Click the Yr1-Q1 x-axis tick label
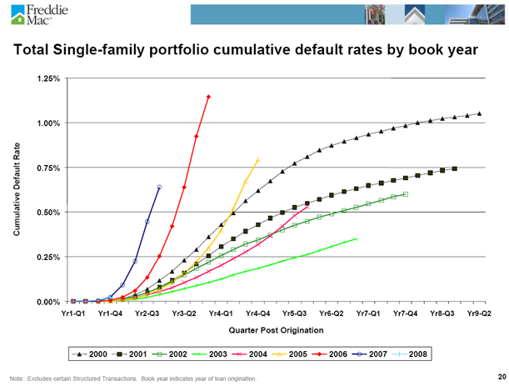pos(72,313)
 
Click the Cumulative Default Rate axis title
pos(17,190)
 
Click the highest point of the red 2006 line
pos(208,97)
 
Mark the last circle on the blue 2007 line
pos(159,187)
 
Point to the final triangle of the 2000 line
pos(479,113)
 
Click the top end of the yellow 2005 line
pos(257,160)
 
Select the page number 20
pos(499,376)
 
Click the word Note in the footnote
pos(16,379)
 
